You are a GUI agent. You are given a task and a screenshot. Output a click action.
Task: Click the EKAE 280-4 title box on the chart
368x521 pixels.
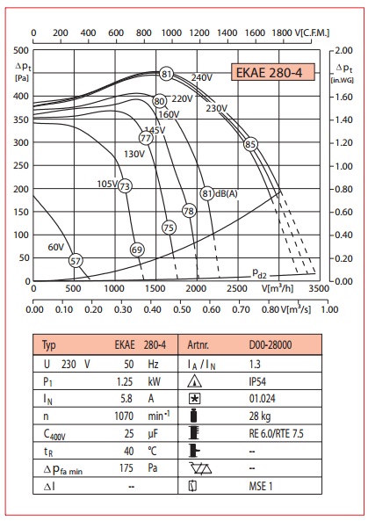point(272,72)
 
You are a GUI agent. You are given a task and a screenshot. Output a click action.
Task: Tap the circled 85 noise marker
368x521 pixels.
point(250,144)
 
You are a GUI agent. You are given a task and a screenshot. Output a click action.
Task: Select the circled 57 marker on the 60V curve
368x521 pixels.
point(76,261)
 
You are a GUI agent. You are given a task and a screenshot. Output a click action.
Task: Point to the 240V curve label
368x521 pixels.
point(202,77)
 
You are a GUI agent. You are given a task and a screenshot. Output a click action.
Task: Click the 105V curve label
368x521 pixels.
point(107,184)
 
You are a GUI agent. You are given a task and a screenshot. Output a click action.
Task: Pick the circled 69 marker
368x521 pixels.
point(137,250)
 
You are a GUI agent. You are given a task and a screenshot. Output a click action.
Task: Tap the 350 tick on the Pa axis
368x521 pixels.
point(21,119)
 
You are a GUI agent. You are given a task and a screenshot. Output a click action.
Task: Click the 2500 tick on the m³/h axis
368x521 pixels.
point(237,288)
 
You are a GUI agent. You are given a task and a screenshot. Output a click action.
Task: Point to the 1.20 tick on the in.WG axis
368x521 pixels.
point(343,142)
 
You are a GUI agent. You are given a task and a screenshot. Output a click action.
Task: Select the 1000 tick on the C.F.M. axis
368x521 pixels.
point(171,33)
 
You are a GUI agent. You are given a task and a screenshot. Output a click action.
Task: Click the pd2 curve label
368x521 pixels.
point(259,273)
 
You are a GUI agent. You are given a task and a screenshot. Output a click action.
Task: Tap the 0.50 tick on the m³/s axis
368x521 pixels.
point(182,309)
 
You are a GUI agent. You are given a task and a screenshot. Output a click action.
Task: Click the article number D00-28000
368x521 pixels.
point(271,344)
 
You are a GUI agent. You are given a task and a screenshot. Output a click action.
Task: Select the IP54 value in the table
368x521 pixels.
point(257,381)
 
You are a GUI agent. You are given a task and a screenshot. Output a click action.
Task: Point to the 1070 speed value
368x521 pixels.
point(124,416)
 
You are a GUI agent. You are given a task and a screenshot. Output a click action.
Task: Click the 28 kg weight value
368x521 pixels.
point(260,416)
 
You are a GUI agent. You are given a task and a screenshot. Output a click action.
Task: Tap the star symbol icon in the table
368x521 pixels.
point(194,398)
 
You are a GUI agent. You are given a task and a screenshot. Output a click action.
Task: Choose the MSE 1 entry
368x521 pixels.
point(261,486)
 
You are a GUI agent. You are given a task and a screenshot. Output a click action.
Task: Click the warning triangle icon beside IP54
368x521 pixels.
point(194,381)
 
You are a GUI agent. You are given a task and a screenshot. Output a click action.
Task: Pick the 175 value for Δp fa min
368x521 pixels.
point(126,467)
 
